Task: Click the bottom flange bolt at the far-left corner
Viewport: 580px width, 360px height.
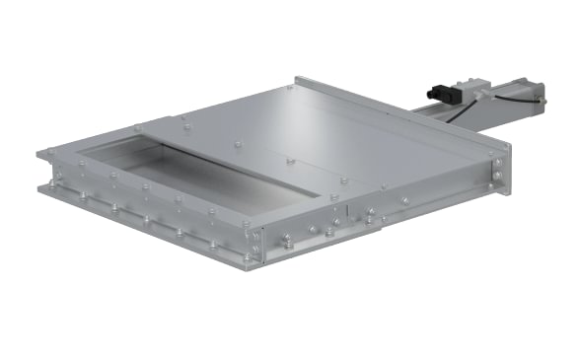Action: (x=47, y=184)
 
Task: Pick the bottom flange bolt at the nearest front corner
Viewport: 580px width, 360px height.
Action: (x=250, y=258)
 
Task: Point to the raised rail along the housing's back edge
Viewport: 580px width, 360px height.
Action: (x=395, y=109)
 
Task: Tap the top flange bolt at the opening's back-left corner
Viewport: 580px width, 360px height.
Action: (x=136, y=128)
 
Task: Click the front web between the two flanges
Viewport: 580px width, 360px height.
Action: (x=148, y=212)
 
